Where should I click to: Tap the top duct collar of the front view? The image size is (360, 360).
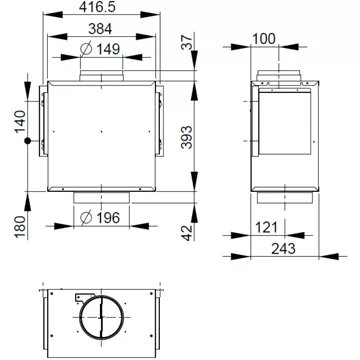tap(100, 78)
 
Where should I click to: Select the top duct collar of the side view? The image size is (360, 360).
tap(274, 77)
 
